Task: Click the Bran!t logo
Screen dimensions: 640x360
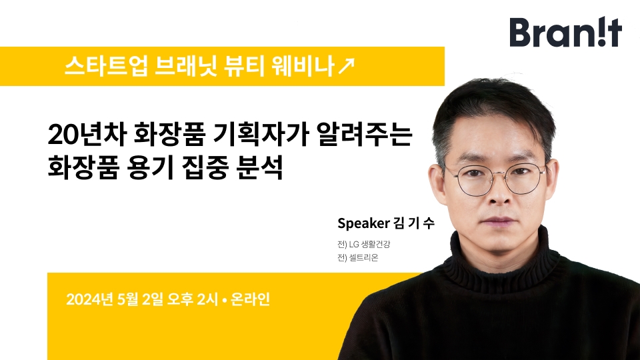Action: coord(565,33)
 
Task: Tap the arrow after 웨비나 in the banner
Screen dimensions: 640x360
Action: coord(347,66)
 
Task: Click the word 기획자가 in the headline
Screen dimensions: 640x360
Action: coord(261,135)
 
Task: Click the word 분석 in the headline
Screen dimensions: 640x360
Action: coord(259,167)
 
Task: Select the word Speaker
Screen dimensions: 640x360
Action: coord(364,223)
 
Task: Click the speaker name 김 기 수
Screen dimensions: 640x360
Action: coord(414,223)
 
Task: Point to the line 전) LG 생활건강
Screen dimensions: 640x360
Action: coord(364,245)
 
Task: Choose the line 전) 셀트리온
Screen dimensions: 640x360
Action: coord(358,258)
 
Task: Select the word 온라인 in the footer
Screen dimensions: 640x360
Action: coord(250,299)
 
